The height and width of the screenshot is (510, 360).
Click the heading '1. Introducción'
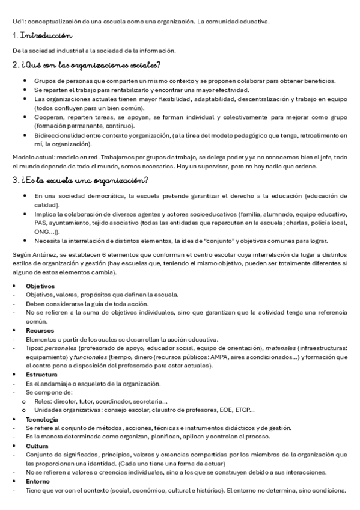[x=43, y=37]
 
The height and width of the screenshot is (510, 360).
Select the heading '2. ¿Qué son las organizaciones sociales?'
[x=87, y=65]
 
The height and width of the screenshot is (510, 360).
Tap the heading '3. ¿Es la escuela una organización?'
[x=81, y=180]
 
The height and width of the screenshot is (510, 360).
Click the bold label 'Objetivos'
[x=40, y=286]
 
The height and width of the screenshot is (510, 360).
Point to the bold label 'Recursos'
[x=40, y=330]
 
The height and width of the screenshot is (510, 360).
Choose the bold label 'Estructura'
[x=41, y=374]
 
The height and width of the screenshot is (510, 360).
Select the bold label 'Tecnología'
[x=42, y=419]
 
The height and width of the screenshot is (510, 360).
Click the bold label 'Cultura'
[x=37, y=446]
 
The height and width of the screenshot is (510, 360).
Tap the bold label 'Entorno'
[x=38, y=481]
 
